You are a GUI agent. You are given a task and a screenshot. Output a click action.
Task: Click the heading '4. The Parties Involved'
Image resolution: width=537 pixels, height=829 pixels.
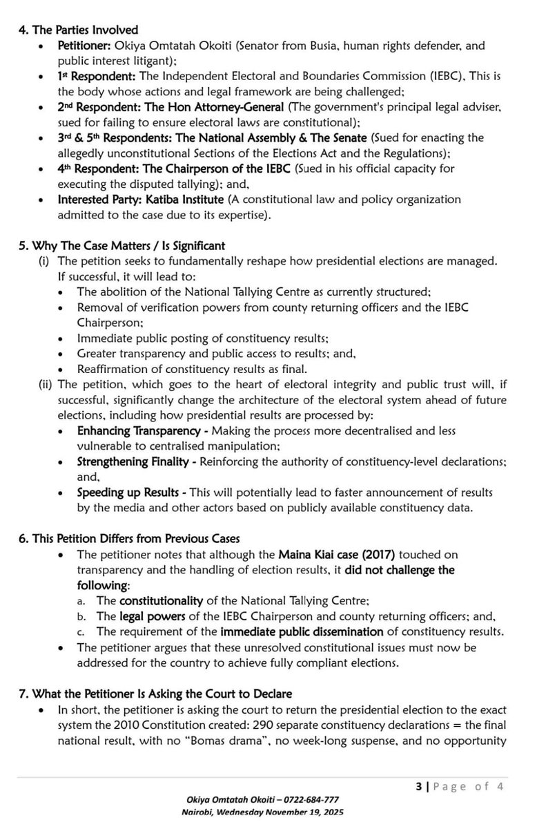pyautogui.click(x=79, y=30)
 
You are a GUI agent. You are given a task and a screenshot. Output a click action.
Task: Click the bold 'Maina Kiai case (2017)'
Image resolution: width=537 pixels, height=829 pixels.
pyautogui.click(x=336, y=554)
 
